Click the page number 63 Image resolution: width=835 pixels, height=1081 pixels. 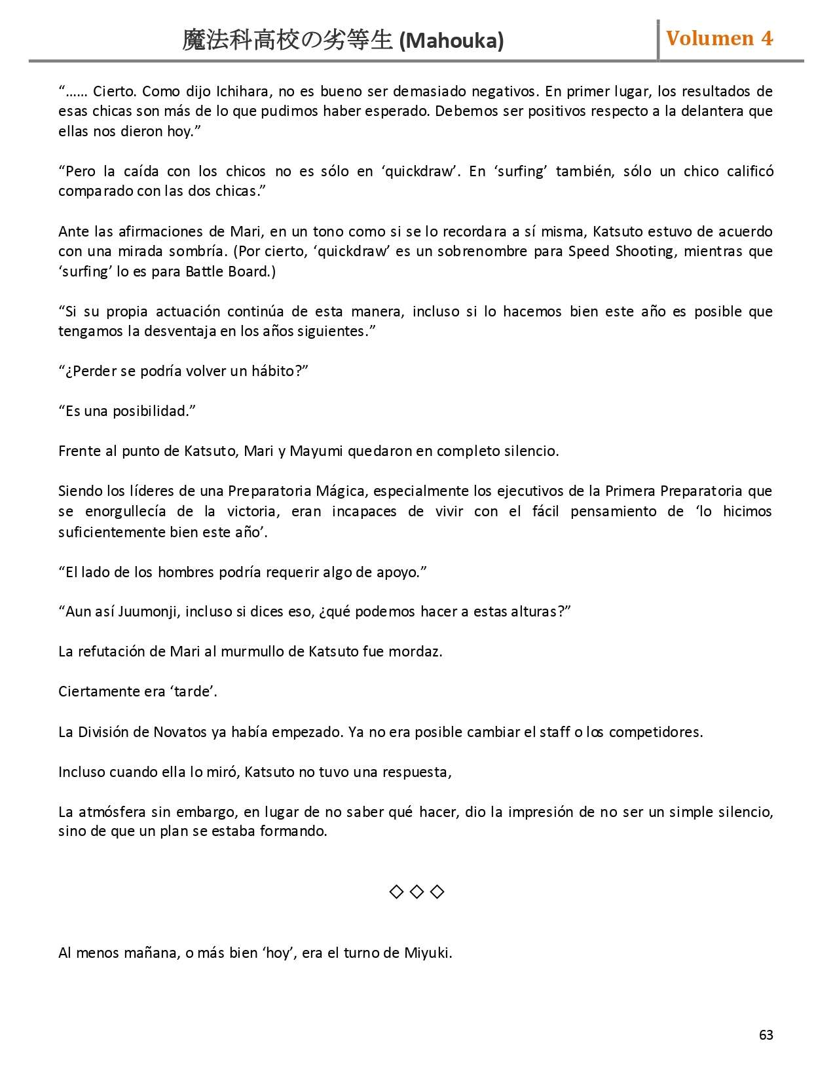pyautogui.click(x=766, y=1034)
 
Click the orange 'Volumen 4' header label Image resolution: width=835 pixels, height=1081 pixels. pyautogui.click(x=719, y=39)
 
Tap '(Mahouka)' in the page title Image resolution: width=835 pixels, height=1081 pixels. pyautogui.click(x=451, y=41)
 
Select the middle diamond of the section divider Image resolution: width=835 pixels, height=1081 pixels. pyautogui.click(x=417, y=892)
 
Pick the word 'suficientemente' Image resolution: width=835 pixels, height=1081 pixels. pyautogui.click(x=112, y=531)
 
